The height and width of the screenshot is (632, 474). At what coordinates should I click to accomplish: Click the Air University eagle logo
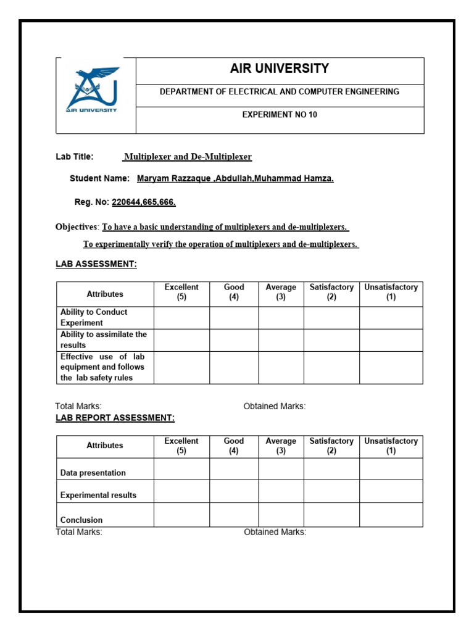pyautogui.click(x=93, y=89)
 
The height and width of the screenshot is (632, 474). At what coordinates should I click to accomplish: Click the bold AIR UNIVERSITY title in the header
pyautogui.click(x=279, y=69)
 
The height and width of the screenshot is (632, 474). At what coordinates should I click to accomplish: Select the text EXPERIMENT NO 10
pyautogui.click(x=279, y=115)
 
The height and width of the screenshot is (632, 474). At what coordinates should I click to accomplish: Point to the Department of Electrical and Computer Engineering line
pyautogui.click(x=279, y=91)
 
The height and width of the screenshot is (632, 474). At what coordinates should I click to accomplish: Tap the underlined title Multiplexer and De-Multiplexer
pyautogui.click(x=188, y=157)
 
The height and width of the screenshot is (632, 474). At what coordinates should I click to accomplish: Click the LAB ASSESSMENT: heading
pyautogui.click(x=96, y=264)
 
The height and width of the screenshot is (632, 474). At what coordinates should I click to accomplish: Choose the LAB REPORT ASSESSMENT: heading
pyautogui.click(x=115, y=418)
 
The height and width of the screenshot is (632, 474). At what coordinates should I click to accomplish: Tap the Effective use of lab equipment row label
pyautogui.click(x=102, y=367)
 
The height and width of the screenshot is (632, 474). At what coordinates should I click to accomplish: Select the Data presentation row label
pyautogui.click(x=93, y=473)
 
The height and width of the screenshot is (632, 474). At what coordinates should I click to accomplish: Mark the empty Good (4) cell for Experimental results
pyautogui.click(x=234, y=491)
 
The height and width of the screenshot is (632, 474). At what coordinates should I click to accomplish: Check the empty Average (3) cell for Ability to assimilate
pyautogui.click(x=281, y=340)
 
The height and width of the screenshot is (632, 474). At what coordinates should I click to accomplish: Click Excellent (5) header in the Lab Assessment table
pyautogui.click(x=181, y=292)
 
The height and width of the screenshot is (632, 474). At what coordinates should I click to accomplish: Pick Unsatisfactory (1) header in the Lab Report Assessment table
pyautogui.click(x=391, y=446)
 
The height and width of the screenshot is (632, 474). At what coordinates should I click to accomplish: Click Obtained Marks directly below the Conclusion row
pyautogui.click(x=275, y=532)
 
